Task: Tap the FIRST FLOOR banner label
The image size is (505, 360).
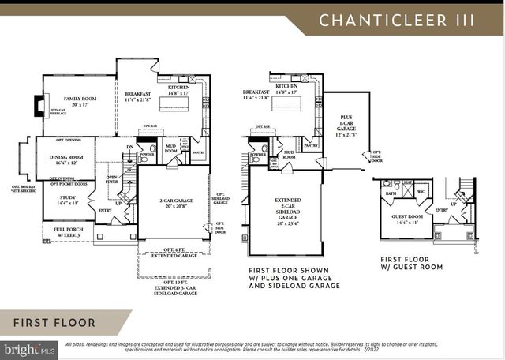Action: click(54, 323)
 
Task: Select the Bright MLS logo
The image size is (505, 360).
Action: click(29, 348)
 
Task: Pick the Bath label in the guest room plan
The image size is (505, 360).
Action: click(391, 193)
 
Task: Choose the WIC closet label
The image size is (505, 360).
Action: click(421, 192)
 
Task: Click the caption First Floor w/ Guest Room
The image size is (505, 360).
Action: click(411, 263)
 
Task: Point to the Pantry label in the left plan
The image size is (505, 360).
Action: click(199, 152)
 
